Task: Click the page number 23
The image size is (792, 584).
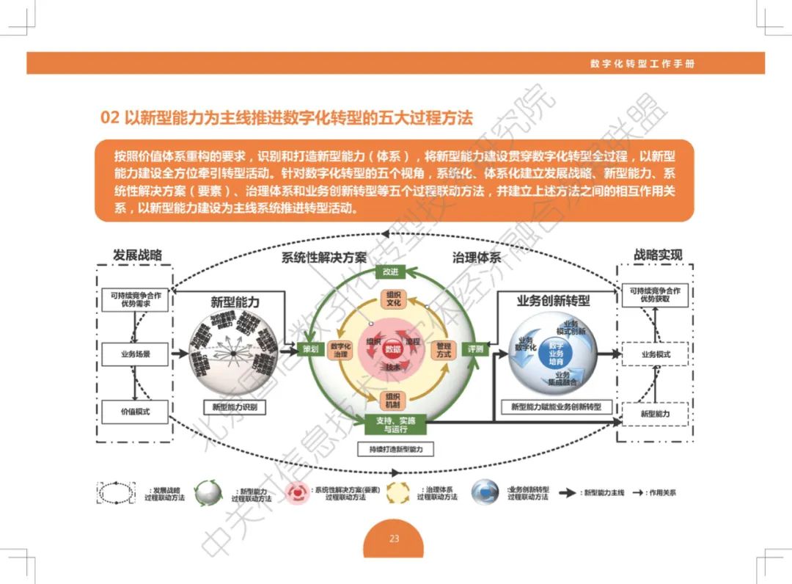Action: point(395,539)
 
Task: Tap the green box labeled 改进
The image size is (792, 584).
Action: point(390,271)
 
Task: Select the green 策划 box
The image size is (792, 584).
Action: point(310,349)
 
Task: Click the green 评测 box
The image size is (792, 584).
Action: point(476,349)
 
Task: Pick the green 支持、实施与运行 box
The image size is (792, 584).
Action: point(395,424)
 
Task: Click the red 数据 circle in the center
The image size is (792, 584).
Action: point(393,349)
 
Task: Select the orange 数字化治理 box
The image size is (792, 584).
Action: point(340,350)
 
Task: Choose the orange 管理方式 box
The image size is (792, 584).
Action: point(444,350)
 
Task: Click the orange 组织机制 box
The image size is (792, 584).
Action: point(393,401)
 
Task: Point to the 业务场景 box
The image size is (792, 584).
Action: point(135,354)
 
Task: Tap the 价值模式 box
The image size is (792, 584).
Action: point(135,412)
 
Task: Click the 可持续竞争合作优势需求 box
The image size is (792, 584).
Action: point(135,299)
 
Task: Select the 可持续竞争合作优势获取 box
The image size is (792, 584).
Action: point(654,295)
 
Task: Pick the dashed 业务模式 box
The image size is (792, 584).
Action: point(655,354)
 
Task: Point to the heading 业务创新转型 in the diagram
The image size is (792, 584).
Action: point(553,300)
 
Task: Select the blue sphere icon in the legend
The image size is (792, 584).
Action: point(485,492)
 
